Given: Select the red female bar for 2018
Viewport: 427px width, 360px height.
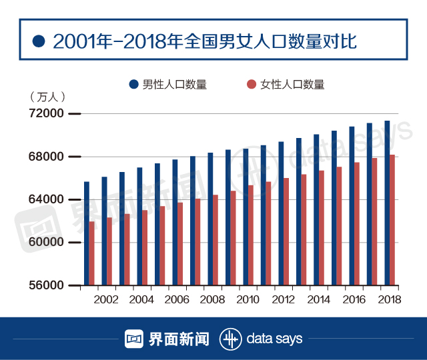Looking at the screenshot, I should click(x=392, y=220).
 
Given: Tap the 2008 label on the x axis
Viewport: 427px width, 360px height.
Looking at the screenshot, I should click(x=212, y=299).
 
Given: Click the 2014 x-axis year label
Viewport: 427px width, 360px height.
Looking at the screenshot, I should click(x=318, y=299).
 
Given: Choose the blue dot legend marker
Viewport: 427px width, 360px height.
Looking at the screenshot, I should click(x=133, y=85).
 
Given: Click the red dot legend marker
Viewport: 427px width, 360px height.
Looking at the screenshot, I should click(x=251, y=85).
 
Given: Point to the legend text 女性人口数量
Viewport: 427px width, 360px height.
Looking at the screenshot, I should click(x=292, y=85).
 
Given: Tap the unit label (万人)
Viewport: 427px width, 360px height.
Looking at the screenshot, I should click(x=47, y=97).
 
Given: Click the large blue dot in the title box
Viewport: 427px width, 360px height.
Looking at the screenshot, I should click(x=38, y=42).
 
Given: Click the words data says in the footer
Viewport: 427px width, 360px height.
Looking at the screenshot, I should click(x=274, y=339).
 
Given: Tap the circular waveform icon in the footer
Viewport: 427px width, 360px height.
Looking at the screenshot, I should click(x=231, y=338).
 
